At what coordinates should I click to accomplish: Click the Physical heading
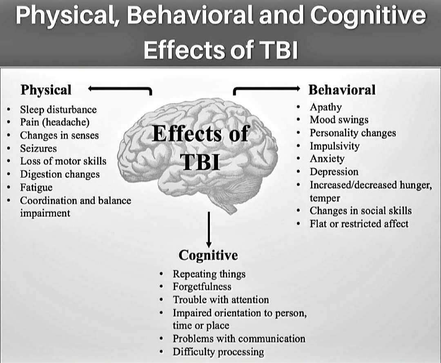[46, 90]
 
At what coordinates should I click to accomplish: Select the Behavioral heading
[341, 90]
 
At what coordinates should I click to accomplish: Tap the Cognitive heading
[208, 255]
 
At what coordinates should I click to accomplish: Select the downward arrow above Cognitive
[209, 229]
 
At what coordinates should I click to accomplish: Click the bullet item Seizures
[38, 148]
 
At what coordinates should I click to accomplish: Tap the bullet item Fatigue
[36, 187]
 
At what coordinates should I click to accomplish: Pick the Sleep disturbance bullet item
[58, 109]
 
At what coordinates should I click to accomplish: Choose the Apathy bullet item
[325, 107]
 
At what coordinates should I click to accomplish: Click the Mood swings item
[339, 120]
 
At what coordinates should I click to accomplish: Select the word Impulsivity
[334, 146]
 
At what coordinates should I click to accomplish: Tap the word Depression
[334, 172]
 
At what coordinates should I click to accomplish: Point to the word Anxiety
[327, 159]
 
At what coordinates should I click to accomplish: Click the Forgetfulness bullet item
[202, 287]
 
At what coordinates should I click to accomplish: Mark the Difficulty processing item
[218, 352]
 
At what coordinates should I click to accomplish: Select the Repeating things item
[209, 274]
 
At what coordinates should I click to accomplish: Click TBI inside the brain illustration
[200, 162]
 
